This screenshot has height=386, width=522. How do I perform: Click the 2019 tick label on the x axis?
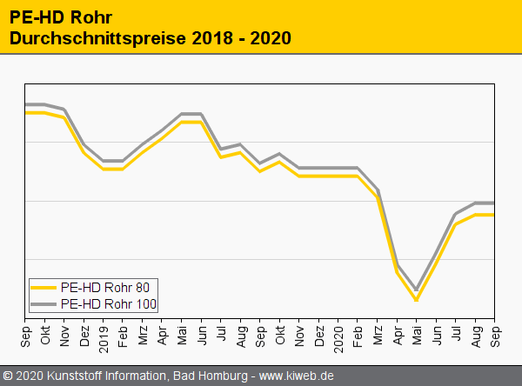tap(104, 335)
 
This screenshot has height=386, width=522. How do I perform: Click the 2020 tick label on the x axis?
tap(338, 335)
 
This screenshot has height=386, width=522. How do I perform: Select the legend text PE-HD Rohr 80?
tap(110, 287)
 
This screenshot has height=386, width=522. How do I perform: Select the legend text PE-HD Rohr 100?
tap(114, 303)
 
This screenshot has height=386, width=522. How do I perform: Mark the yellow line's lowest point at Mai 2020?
tap(416, 300)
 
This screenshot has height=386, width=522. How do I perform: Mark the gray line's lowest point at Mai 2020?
tap(416, 289)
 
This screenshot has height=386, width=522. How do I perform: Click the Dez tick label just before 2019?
tap(84, 333)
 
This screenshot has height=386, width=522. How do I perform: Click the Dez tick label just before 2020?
tap(318, 333)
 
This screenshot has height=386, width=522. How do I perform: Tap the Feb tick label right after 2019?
tap(124, 333)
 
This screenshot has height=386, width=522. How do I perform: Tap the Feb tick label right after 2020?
tap(358, 333)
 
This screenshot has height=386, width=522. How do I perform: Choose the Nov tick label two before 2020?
tap(299, 333)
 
